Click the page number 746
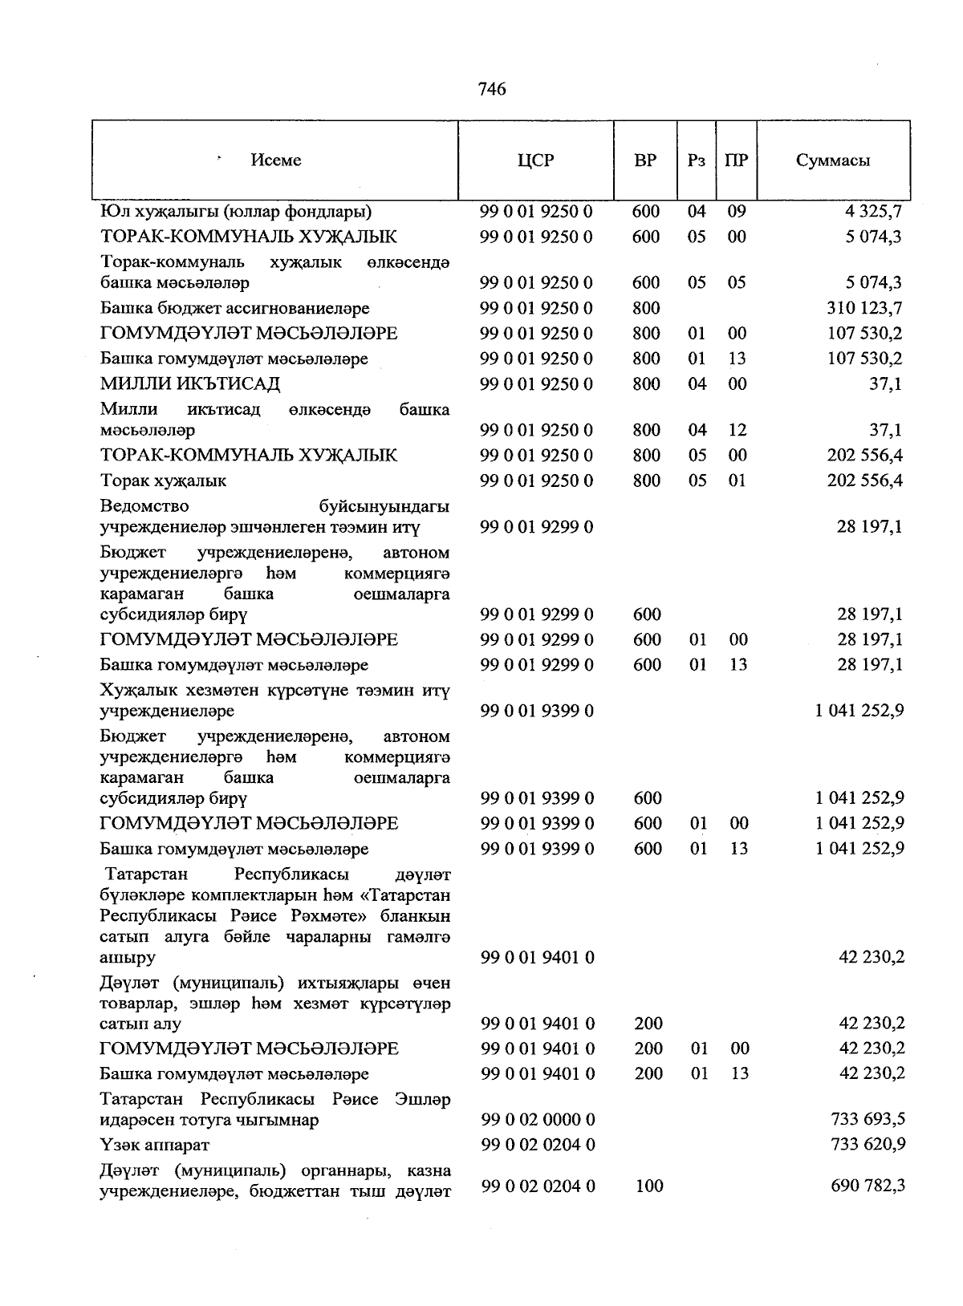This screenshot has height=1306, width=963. coord(492,89)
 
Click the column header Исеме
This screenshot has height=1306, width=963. coord(275,160)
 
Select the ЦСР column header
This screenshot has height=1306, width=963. coord(535,160)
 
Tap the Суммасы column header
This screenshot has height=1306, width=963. coord(833,160)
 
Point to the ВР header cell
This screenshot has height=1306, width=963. coord(645,160)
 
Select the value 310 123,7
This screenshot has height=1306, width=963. coord(864,308)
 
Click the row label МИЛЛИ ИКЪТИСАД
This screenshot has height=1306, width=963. coord(190,384)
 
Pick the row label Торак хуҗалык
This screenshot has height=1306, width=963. coord(163,481)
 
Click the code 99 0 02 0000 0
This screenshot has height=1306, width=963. coord(538,1120)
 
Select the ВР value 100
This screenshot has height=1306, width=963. coord(648,1186)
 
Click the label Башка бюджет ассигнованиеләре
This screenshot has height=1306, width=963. coord(234,308)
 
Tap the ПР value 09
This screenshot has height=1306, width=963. coord(736,212)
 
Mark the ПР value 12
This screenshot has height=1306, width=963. coord(737,430)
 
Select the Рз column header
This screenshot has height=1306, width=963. coord(697,160)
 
